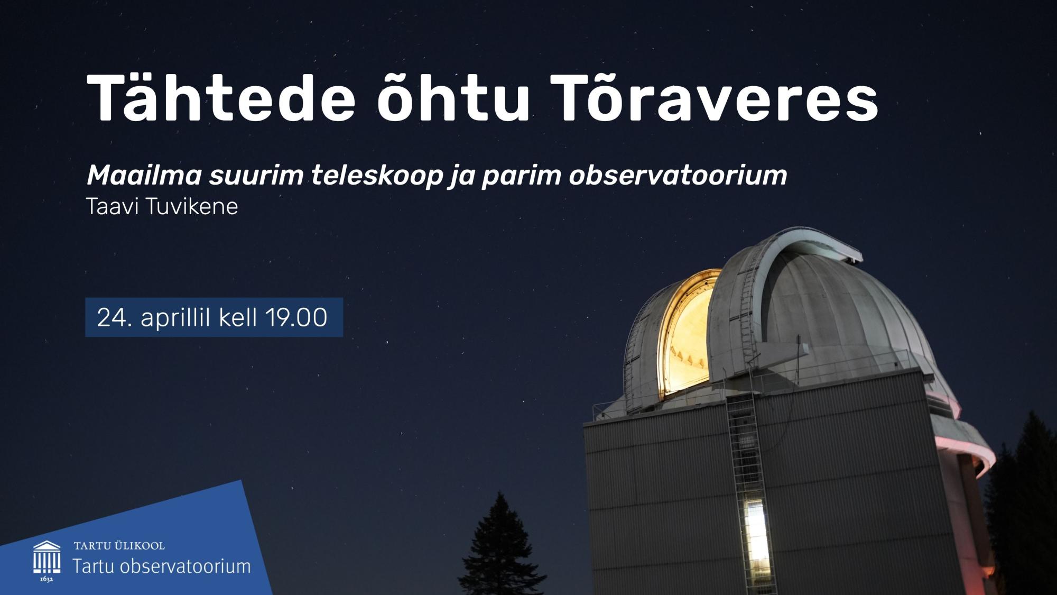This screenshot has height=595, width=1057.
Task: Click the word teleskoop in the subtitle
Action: tap(376, 176)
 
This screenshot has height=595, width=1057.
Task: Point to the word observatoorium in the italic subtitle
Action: tap(678, 176)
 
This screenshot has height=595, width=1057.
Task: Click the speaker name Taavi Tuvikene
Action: tap(162, 207)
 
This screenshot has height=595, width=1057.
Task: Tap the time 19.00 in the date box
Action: tap(296, 318)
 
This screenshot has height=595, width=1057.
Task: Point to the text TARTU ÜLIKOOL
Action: tap(119, 545)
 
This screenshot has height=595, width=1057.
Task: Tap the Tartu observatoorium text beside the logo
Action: tap(161, 566)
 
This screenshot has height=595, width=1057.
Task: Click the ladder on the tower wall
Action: tap(745, 450)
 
